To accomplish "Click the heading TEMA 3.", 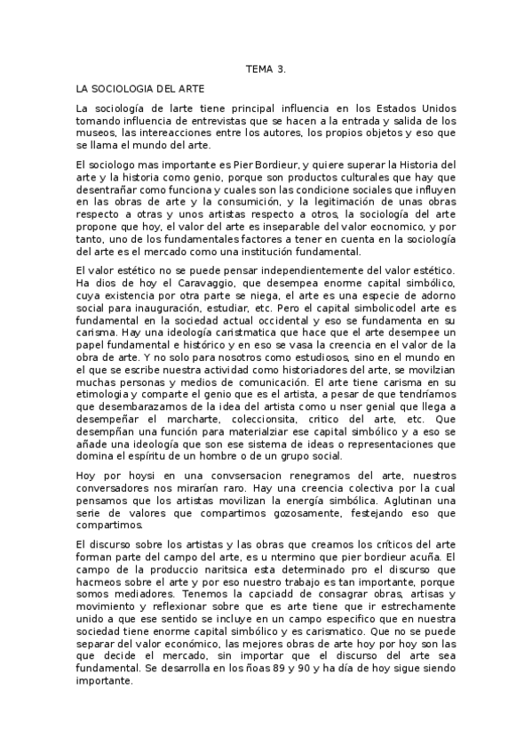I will pos(266,68).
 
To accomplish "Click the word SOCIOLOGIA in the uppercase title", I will pos(124,89).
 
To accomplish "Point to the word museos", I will pos(95,132).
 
